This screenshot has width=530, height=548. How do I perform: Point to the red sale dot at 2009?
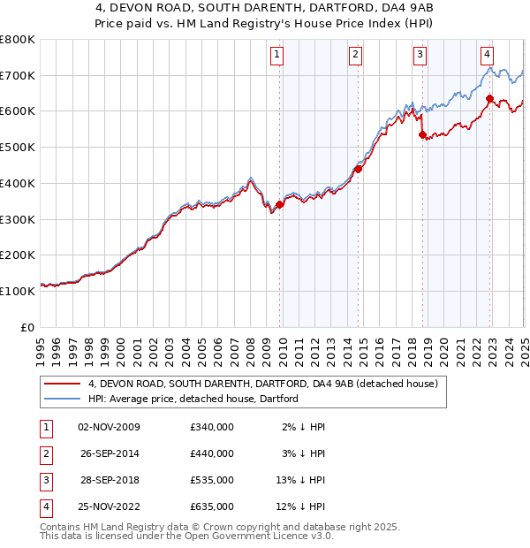tap(280, 204)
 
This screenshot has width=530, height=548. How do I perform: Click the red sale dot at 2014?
tap(359, 168)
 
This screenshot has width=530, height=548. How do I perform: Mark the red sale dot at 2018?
tap(423, 134)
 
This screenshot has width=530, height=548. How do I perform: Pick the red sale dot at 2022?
tap(489, 98)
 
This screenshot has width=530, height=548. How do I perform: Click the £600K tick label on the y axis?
tap(18, 111)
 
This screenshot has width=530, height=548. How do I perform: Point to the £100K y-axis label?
tap(18, 291)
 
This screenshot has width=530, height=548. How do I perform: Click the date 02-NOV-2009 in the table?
tap(110, 427)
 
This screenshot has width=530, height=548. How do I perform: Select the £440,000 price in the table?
tap(212, 453)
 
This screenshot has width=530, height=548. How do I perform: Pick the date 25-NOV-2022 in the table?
tap(110, 506)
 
